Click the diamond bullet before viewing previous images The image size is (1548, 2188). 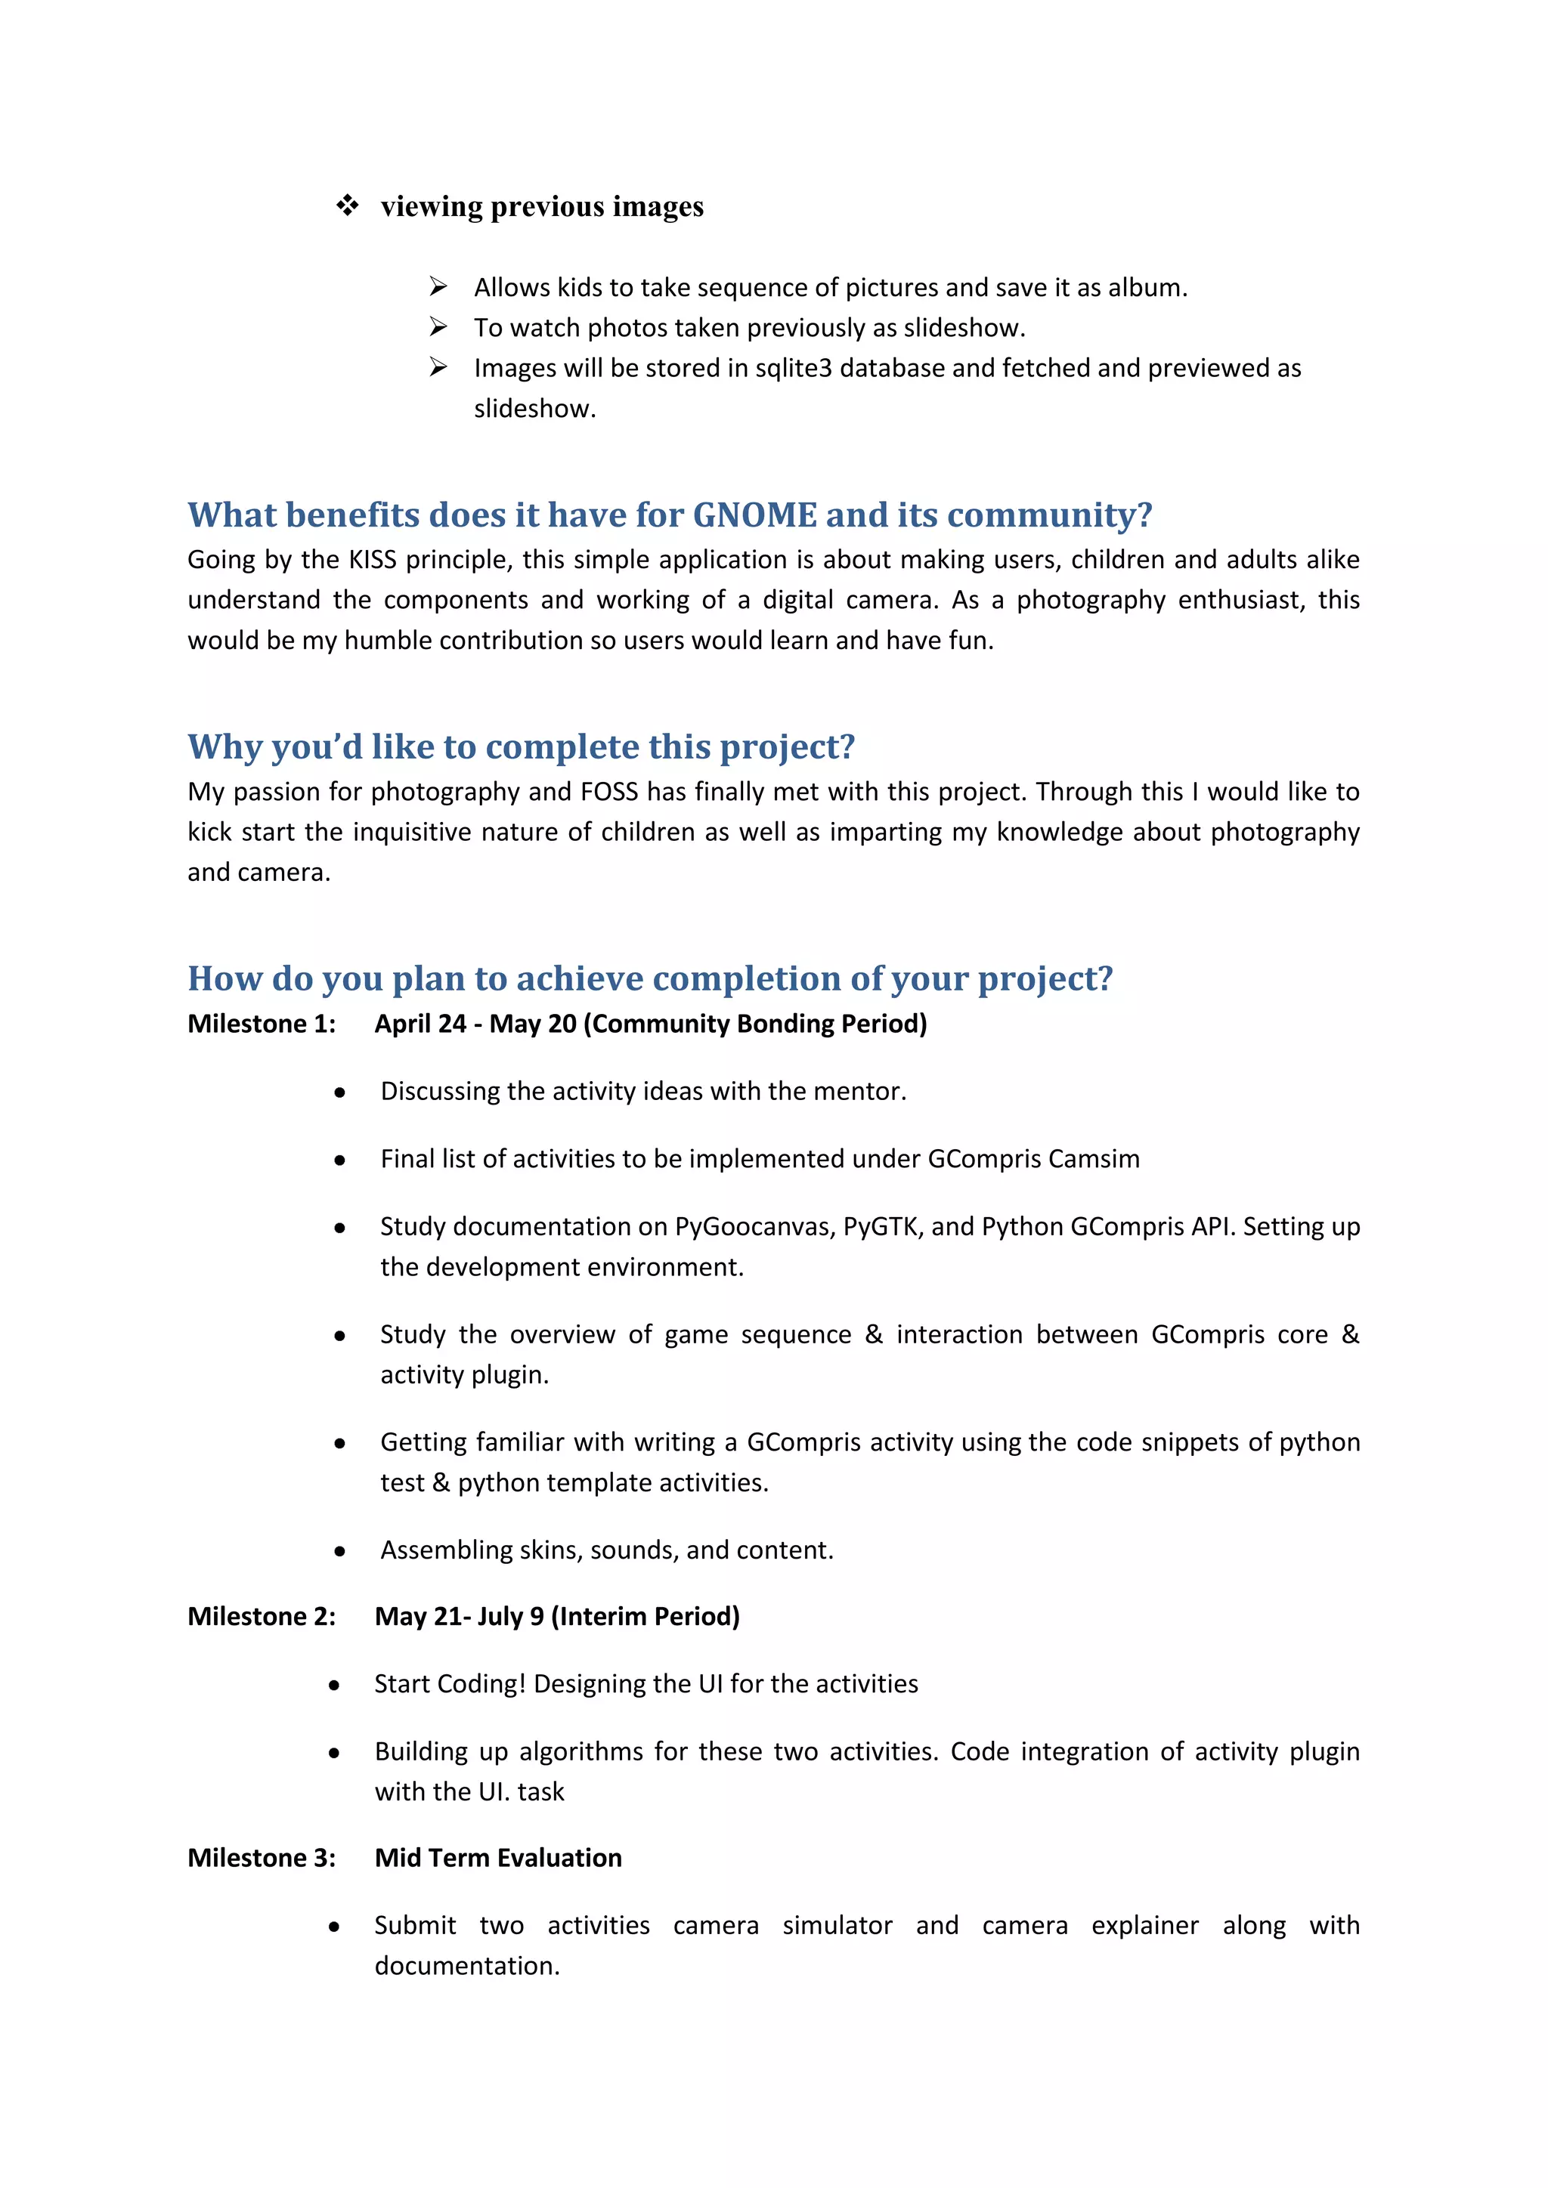[347, 206]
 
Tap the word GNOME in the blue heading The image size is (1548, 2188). [754, 515]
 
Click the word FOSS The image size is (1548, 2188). [609, 792]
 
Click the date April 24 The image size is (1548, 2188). [420, 1024]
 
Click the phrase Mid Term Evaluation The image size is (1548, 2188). [497, 1857]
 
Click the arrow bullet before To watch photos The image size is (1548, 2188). [438, 328]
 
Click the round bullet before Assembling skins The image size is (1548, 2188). [339, 1551]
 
